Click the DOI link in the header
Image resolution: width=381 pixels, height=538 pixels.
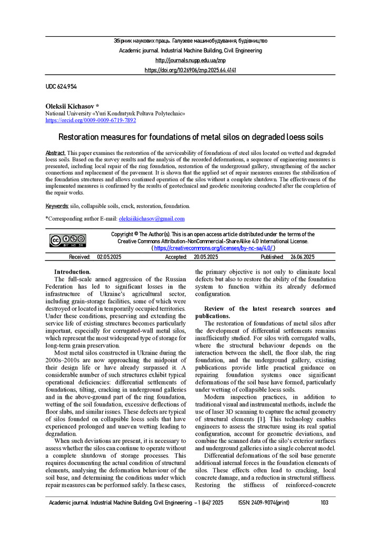coord(190,70)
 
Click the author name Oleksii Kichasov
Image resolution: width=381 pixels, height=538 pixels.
coord(75,106)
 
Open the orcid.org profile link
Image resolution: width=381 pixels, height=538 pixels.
coord(91,120)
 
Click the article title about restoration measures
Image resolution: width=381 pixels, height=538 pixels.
coord(190,138)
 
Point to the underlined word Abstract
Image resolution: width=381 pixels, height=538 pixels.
coord(55,152)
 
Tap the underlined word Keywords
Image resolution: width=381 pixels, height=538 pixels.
coord(57,206)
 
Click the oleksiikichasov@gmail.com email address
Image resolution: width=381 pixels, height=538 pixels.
coord(152,219)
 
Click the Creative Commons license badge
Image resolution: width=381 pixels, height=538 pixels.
coord(68,241)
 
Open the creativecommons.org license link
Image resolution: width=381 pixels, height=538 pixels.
coord(214,248)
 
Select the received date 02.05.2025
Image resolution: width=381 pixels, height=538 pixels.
coord(109,257)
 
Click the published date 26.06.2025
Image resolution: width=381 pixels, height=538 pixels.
coord(302,257)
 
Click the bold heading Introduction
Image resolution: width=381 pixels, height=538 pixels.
coord(73,272)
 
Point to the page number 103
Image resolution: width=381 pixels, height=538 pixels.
coord(324,503)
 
